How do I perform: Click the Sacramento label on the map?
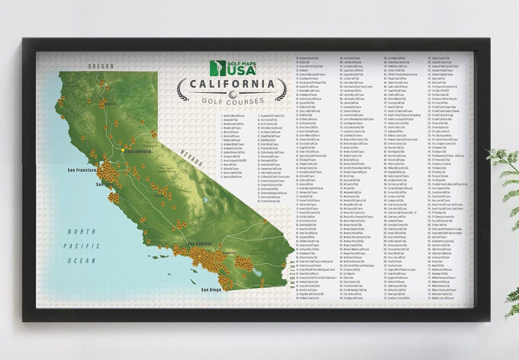click(138, 151)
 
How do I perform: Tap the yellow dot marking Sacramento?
click(123, 150)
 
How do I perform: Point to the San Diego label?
click(211, 290)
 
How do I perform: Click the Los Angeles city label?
click(200, 244)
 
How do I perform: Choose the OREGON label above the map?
click(101, 66)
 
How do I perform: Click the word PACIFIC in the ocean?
click(85, 246)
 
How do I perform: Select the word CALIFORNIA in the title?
click(232, 84)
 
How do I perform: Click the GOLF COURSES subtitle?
click(233, 101)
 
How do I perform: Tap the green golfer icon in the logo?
click(218, 68)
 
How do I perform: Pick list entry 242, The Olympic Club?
click(439, 152)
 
